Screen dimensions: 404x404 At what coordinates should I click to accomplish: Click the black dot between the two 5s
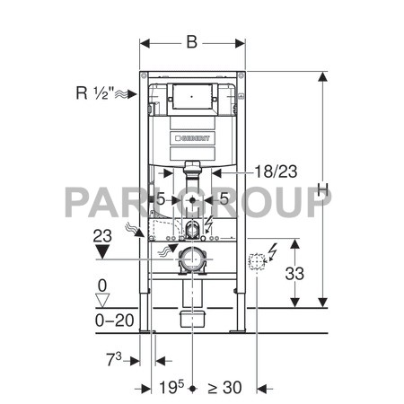coord(192,199)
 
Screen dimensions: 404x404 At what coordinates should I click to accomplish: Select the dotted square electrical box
coord(257,260)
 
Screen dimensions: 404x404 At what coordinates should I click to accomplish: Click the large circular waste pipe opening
coord(192,261)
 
